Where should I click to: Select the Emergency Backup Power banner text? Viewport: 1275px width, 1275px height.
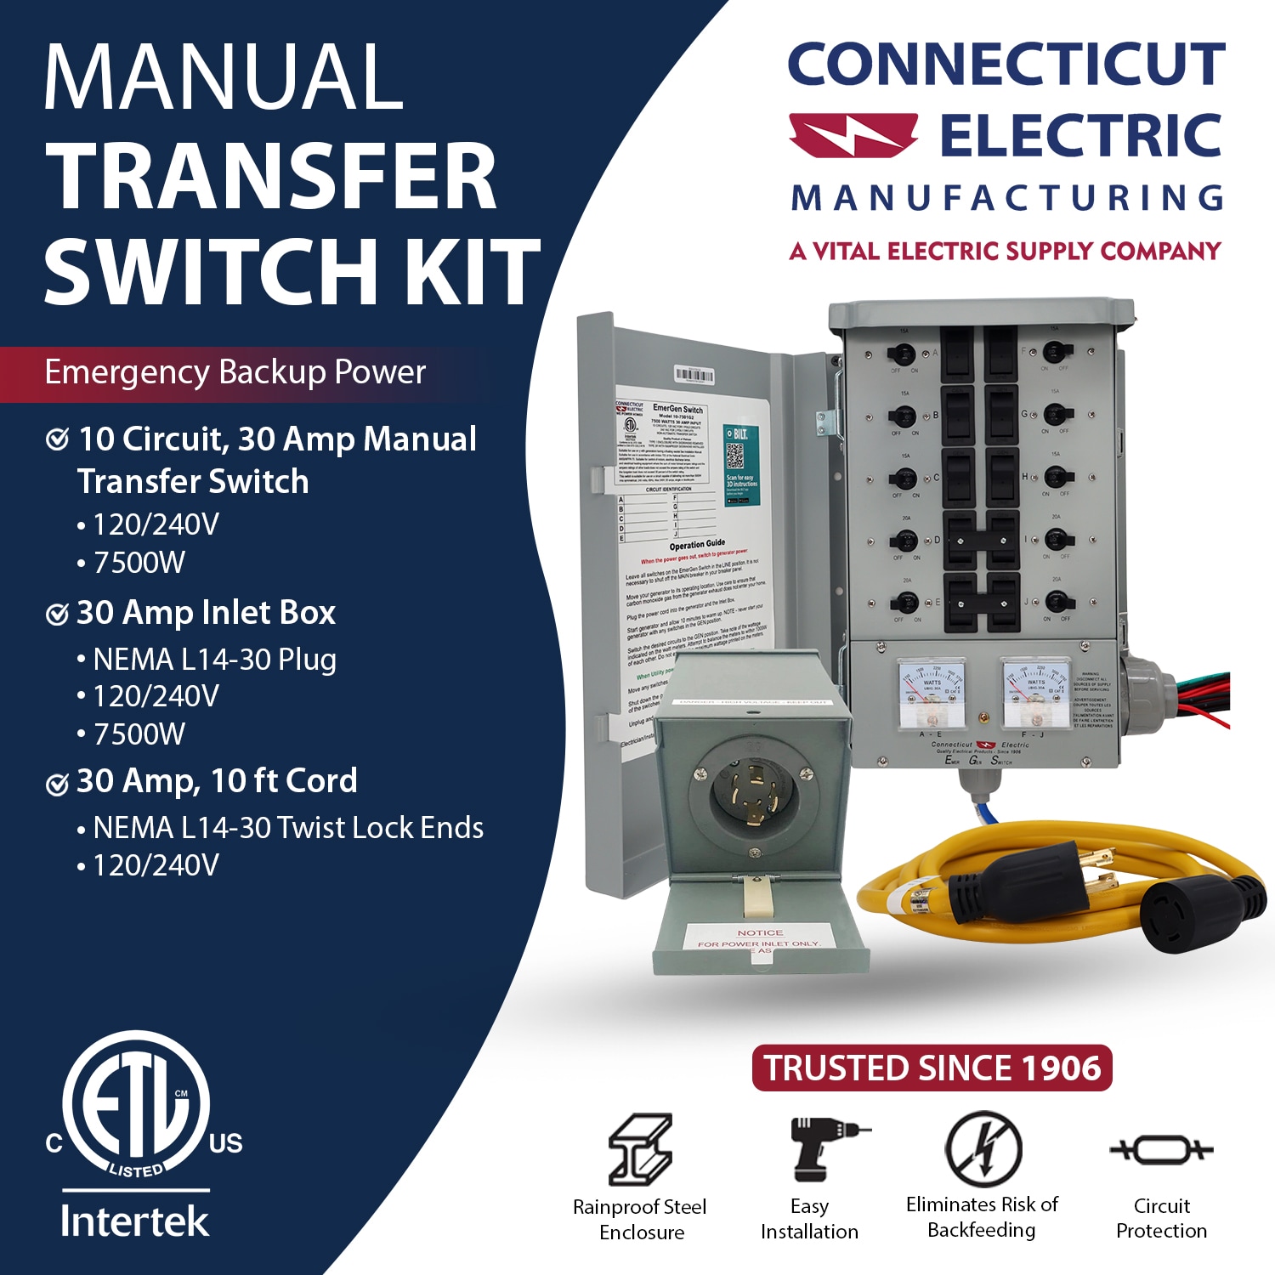235,372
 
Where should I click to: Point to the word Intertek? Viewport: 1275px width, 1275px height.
134,1221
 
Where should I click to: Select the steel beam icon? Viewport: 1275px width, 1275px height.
640,1149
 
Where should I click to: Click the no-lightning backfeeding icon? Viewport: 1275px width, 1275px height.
983,1148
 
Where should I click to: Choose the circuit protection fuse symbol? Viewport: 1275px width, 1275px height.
1161,1150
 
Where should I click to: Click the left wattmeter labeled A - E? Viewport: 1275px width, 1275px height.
932,694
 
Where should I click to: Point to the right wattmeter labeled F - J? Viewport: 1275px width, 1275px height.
1035,694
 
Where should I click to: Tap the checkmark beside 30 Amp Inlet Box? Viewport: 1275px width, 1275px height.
57,614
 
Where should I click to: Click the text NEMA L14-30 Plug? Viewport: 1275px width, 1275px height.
214,660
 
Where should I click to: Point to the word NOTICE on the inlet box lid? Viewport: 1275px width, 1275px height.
760,932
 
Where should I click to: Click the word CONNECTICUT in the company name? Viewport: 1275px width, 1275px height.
1006,65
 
